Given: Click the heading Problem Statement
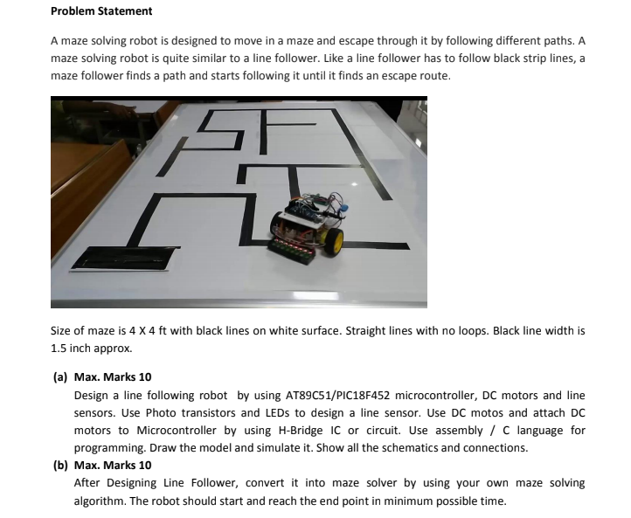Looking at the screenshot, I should click(x=101, y=11).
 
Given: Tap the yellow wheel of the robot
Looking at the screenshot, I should click(x=332, y=241).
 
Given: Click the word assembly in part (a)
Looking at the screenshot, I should click(x=465, y=431).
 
